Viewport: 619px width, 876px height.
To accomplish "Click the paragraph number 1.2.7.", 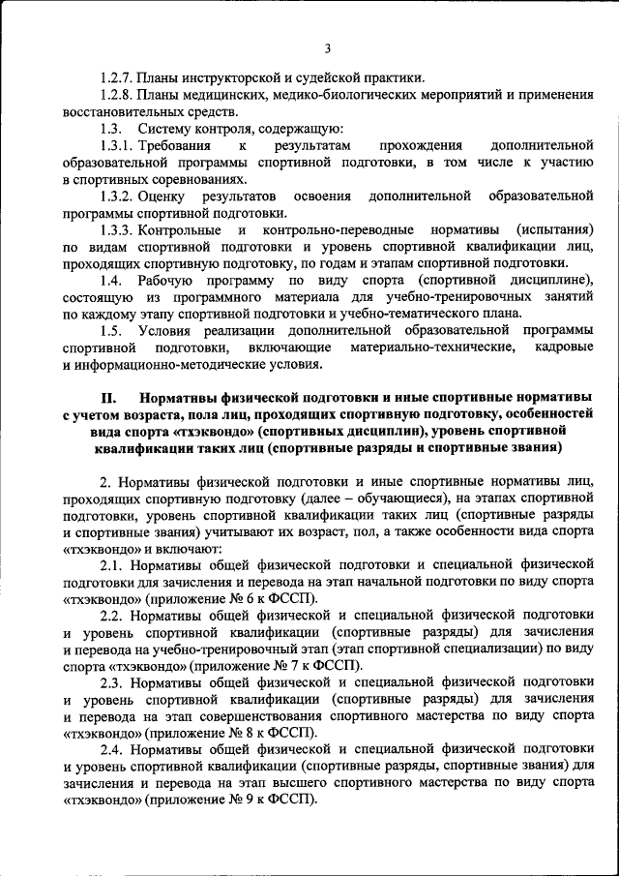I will click(116, 77).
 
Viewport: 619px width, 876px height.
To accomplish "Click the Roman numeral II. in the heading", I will click(108, 398).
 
